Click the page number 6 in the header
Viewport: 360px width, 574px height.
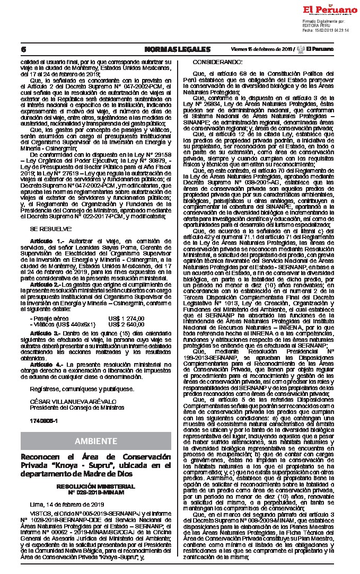pos(23,49)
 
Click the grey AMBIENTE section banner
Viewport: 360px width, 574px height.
pos(96,441)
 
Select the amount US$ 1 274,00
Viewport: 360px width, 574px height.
pos(126,318)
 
